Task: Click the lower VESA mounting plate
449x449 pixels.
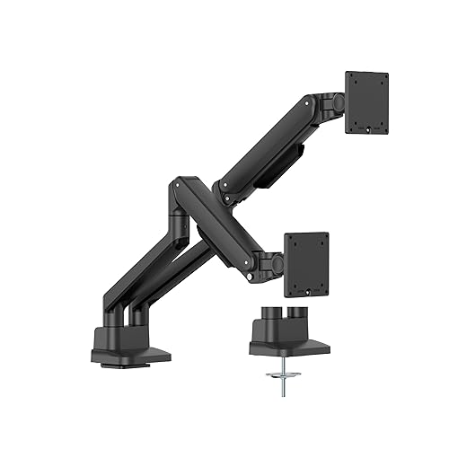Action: (307, 264)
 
